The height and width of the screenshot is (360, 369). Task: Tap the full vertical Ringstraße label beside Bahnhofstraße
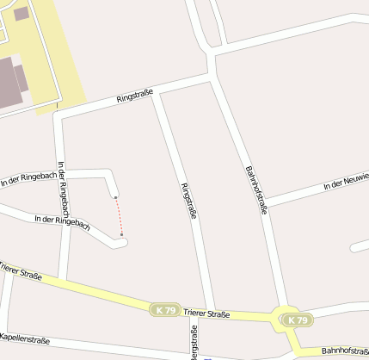pyautogui.click(x=188, y=201)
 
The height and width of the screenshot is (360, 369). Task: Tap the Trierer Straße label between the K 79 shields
pyautogui.click(x=206, y=313)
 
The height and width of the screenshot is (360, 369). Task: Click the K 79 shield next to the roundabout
pyautogui.click(x=298, y=320)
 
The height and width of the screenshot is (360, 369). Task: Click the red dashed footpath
pyautogui.click(x=119, y=215)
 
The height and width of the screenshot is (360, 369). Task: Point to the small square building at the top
pyautogui.click(x=21, y=13)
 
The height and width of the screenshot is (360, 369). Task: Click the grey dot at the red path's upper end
pyautogui.click(x=115, y=197)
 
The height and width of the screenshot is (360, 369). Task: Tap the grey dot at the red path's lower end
pyautogui.click(x=122, y=233)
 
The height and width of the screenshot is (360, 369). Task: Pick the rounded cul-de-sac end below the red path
pyautogui.click(x=121, y=243)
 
